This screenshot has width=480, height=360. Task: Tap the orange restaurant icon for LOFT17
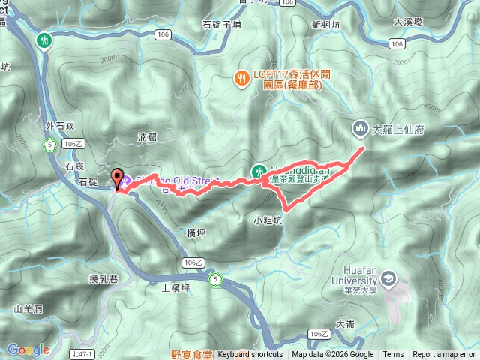[x=241, y=76]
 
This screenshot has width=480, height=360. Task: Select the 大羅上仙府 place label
[x=398, y=130]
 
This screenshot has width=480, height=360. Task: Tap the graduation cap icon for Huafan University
[x=389, y=280]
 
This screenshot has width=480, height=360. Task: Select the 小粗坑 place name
[x=268, y=220]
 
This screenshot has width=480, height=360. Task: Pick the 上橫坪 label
[x=175, y=286]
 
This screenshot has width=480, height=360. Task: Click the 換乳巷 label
[x=103, y=279]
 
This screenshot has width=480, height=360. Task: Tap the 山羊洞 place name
[x=28, y=308]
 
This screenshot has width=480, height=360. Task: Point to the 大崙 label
[x=346, y=324]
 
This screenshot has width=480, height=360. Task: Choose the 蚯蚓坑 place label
[x=326, y=25]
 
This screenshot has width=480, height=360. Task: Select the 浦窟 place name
[x=148, y=137]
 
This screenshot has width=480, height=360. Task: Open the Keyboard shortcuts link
[x=250, y=355]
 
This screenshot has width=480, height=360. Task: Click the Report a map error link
[x=443, y=355]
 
